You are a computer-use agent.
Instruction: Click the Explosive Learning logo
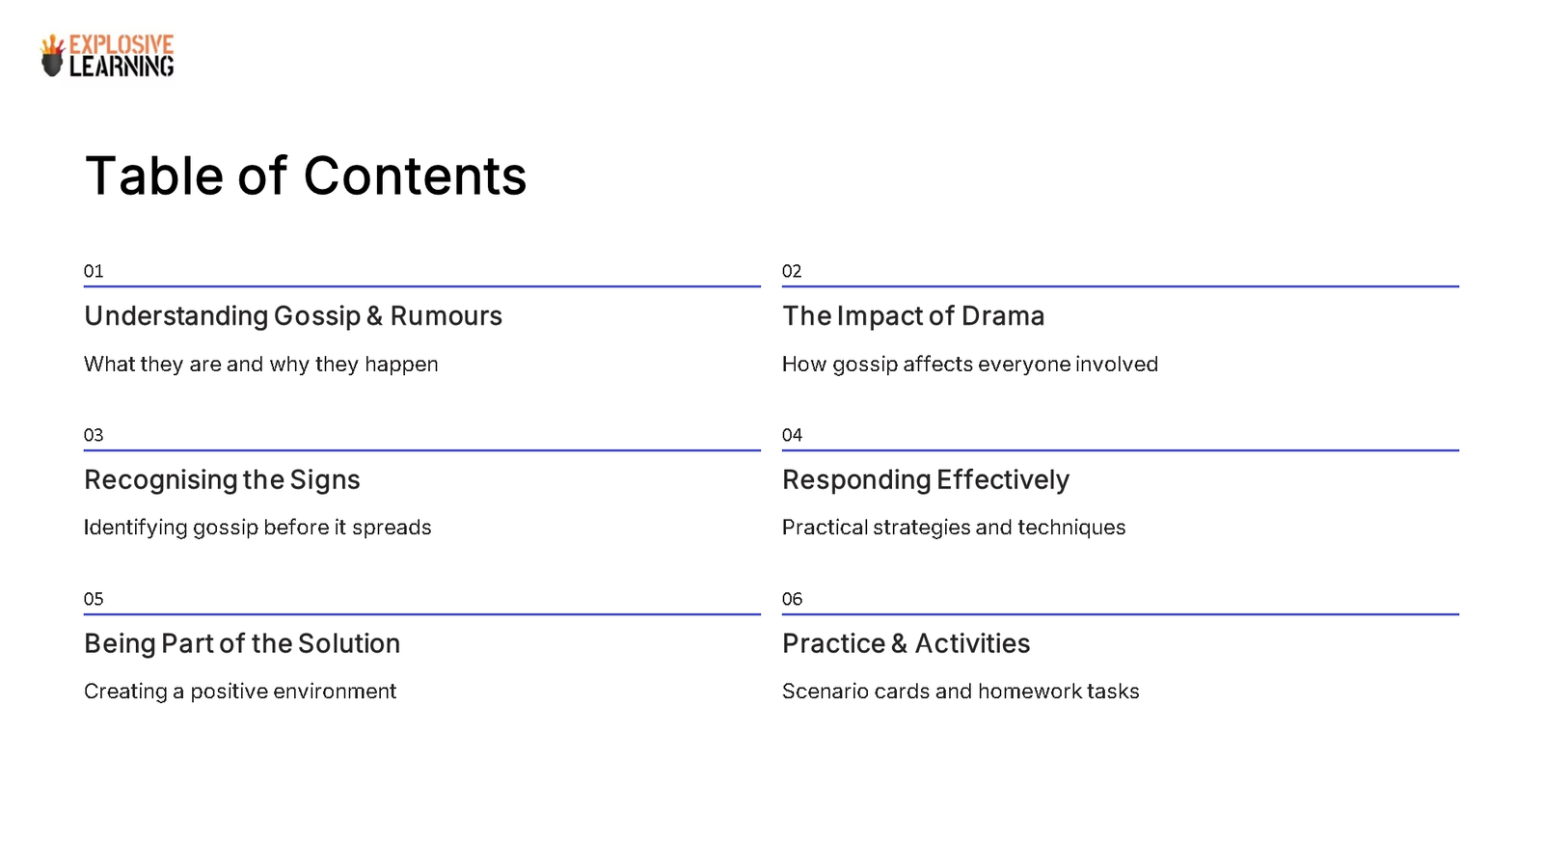click(107, 56)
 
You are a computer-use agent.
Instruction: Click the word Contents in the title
click(415, 176)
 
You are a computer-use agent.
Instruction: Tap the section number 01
click(94, 271)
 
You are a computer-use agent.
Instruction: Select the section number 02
click(792, 271)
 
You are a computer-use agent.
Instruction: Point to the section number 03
click(94, 435)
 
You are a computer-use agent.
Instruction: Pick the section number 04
click(792, 435)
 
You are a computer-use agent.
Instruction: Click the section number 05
click(94, 599)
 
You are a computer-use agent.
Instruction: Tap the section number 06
click(792, 599)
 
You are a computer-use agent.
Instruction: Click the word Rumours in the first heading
click(446, 316)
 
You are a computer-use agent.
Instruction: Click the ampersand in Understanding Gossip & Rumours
click(375, 316)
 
